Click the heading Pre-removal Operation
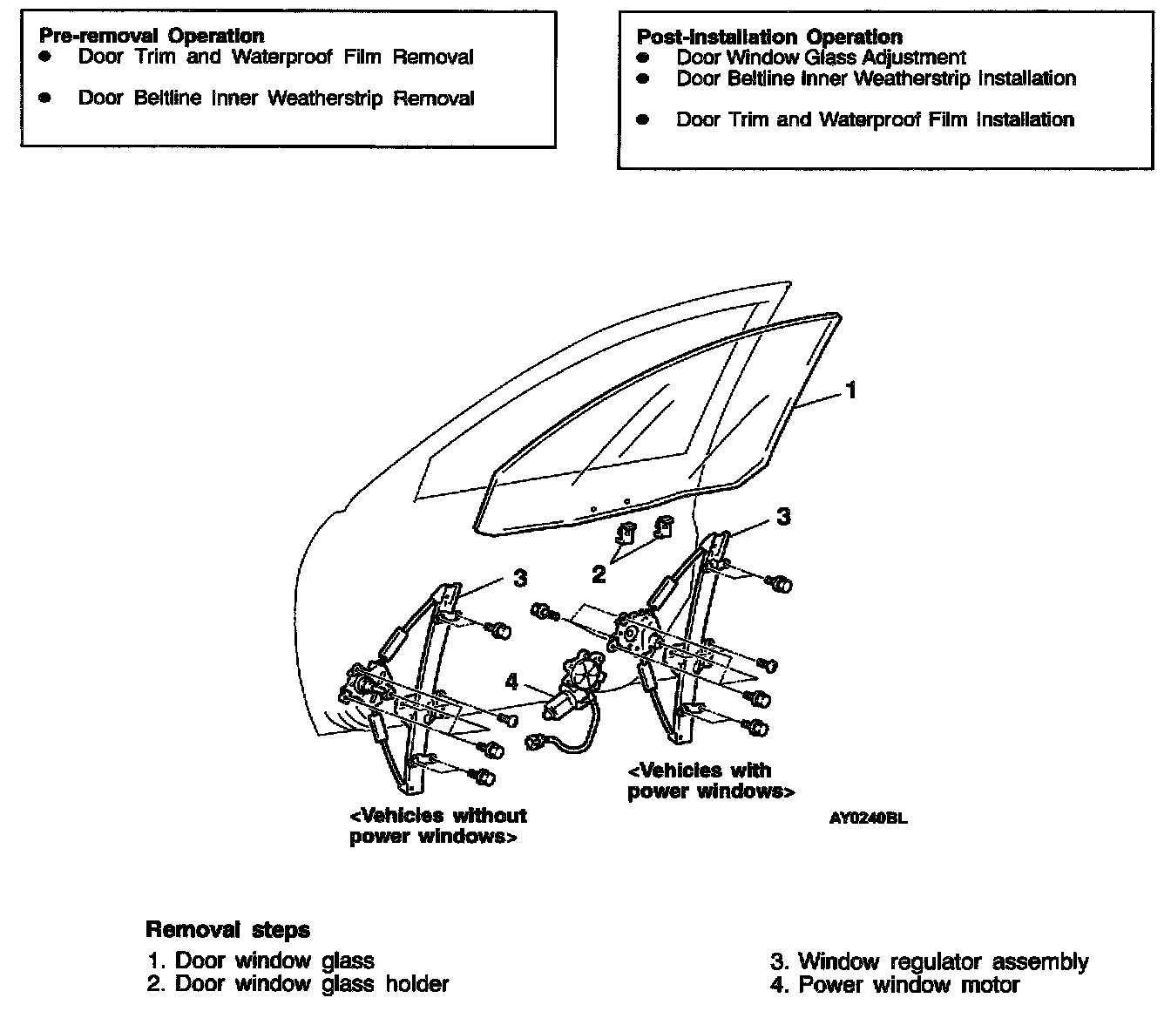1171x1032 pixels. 152,36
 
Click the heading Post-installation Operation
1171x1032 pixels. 769,37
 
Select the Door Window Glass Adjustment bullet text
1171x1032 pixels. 821,58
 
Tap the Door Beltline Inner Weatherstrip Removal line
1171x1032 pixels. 275,98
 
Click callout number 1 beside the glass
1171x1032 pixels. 851,390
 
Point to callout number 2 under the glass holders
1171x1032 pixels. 599,574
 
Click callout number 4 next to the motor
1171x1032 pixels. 512,680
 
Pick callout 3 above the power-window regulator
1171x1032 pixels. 783,516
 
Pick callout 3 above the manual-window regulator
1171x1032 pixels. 519,577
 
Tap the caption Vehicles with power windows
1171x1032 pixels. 709,781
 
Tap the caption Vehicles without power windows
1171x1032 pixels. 437,825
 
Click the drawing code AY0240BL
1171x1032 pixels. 868,818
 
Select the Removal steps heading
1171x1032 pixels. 227,929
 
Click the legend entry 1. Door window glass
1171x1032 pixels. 261,961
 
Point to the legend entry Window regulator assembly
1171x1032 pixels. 930,961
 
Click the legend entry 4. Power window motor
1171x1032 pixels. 895,985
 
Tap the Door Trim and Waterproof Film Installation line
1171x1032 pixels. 875,119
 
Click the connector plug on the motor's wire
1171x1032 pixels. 535,743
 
